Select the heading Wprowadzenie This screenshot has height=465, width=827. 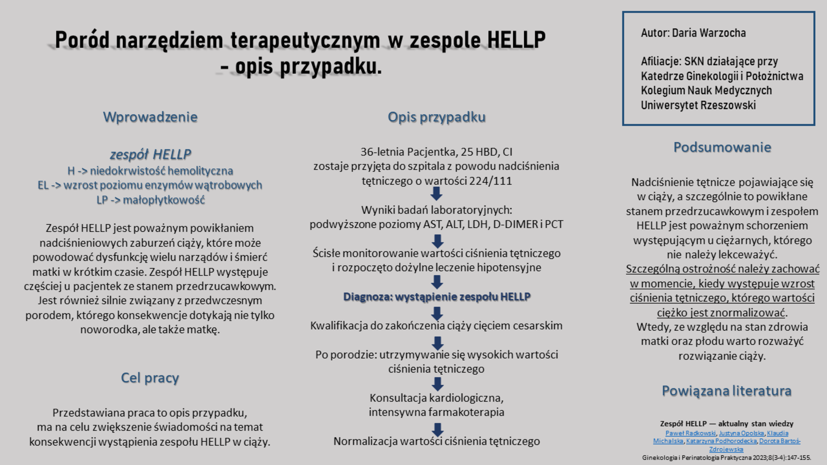(150, 117)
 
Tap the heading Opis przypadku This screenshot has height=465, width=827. (436, 117)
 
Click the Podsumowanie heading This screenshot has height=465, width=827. (722, 147)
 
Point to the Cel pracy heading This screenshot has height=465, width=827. (149, 378)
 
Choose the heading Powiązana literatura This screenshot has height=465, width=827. (726, 391)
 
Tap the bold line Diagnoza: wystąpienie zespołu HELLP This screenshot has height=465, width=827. (436, 297)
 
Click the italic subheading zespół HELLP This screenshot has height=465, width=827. (150, 154)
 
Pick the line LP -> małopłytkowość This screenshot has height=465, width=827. (150, 200)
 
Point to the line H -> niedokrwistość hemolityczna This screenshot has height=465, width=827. (150, 171)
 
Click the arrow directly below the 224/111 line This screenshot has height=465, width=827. (436, 194)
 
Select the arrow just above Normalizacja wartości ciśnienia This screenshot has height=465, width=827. (437, 429)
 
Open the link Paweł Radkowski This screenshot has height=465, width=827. (690, 433)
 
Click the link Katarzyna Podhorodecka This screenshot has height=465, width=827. (721, 441)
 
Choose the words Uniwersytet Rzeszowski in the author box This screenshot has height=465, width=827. (698, 105)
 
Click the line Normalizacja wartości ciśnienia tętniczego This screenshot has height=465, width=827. (436, 441)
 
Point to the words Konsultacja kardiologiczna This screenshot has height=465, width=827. (436, 398)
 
